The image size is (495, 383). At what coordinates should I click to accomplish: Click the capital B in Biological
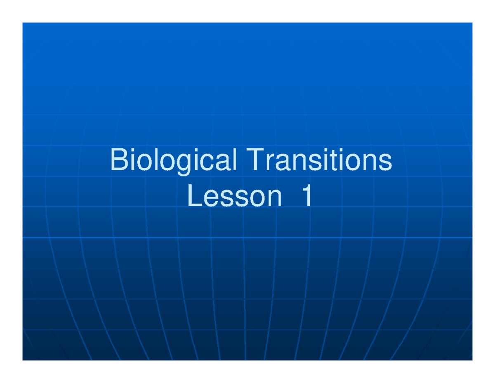(x=118, y=160)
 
